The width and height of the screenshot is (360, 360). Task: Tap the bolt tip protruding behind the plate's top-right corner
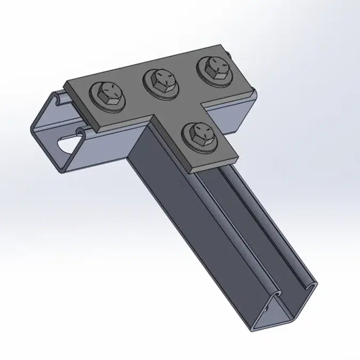229,53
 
